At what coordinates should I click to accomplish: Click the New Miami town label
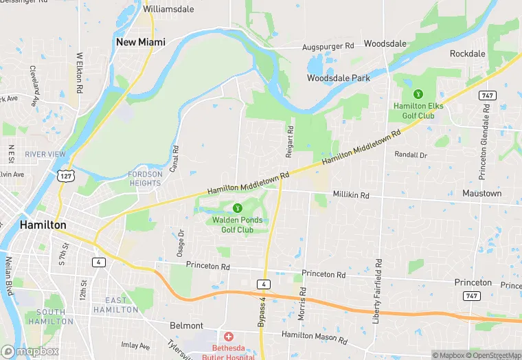(141, 42)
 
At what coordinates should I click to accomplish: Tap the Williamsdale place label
(168, 10)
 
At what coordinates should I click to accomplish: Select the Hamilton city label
(43, 225)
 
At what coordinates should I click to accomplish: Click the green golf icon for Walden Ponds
(238, 207)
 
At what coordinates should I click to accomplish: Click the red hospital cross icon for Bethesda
(228, 337)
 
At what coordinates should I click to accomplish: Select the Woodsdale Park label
(338, 78)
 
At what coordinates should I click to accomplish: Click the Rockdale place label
(467, 54)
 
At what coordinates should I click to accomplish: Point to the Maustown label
(481, 194)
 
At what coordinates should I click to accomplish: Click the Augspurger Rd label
(328, 46)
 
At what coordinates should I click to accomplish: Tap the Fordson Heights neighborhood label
(146, 179)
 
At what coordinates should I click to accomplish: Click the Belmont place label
(186, 325)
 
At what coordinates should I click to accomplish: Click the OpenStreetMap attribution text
(493, 355)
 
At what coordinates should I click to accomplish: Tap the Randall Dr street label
(411, 155)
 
